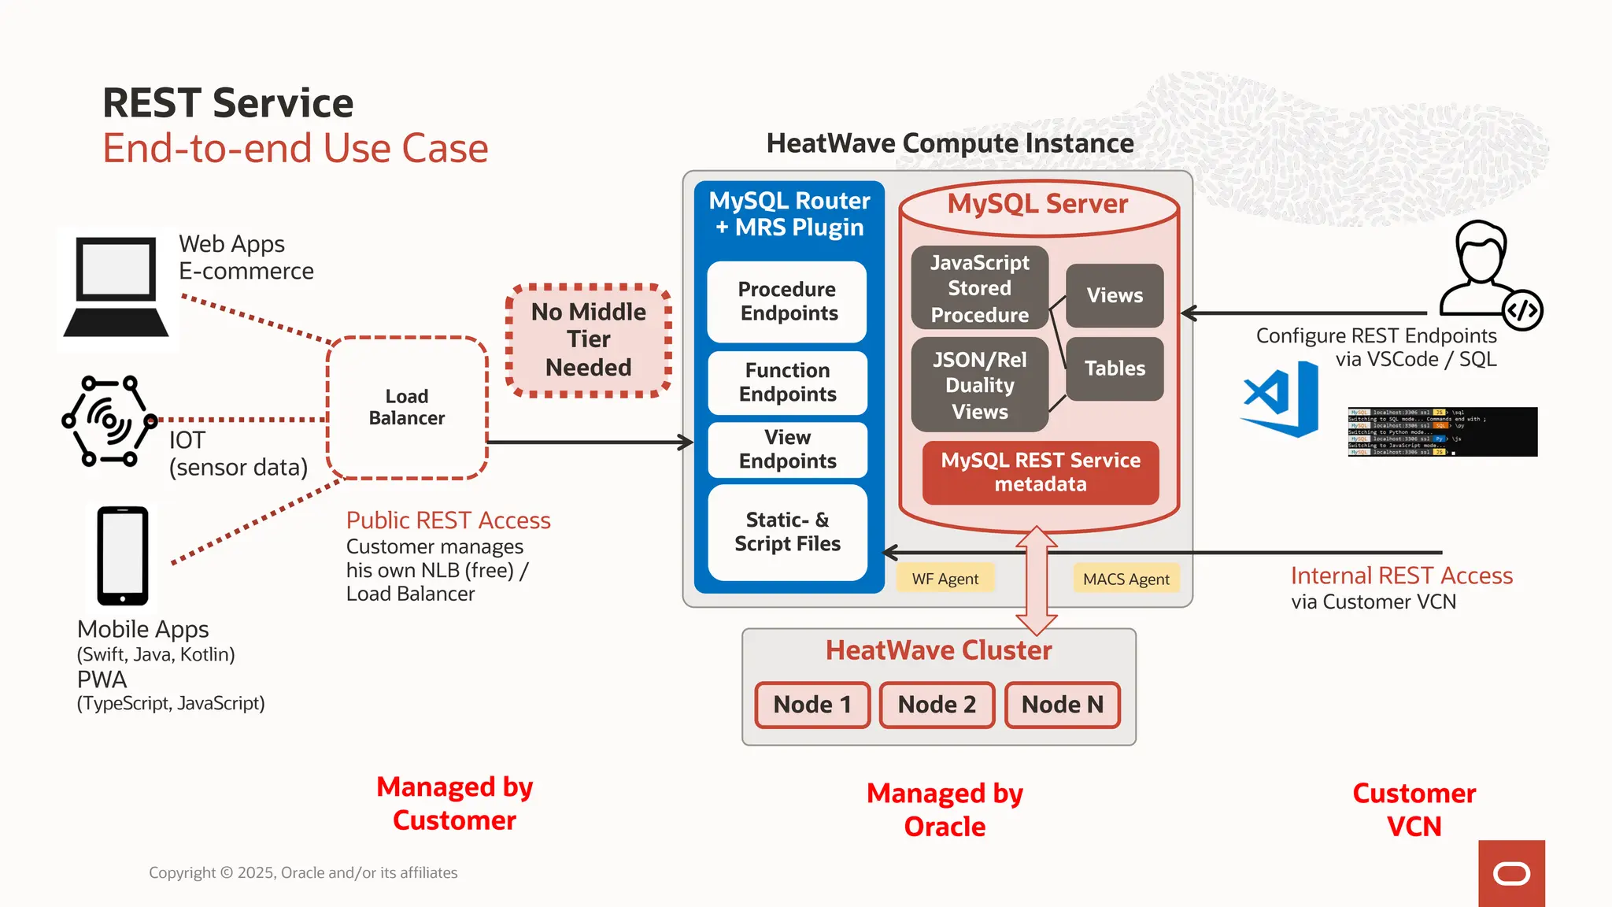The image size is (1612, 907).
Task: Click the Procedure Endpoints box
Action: [787, 302]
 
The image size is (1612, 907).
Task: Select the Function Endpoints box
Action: [787, 383]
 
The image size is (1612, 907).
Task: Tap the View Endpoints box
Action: [787, 450]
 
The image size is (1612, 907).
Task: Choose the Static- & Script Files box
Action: [787, 532]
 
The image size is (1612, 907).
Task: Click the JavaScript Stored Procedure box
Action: [979, 288]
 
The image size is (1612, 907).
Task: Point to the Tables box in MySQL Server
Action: [1115, 368]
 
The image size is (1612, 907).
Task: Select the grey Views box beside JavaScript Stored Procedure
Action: [1115, 295]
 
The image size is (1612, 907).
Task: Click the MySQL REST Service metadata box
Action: [1040, 472]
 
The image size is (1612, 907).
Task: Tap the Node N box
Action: [1062, 705]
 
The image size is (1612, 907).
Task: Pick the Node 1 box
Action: [812, 705]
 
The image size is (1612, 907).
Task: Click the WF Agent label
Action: [945, 579]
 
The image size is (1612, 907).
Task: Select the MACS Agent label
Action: [1126, 579]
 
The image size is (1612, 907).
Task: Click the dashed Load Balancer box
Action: [407, 408]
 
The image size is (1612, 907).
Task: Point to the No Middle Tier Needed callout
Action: [588, 340]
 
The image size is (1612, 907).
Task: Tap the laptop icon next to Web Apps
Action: [116, 287]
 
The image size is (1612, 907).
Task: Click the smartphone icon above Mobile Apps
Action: [122, 556]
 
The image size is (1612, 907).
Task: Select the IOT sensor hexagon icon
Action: [109, 421]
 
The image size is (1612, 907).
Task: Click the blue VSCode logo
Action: [1281, 399]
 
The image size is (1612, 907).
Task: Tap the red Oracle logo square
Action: [1510, 873]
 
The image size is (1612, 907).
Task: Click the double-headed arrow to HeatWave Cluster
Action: [1037, 580]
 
